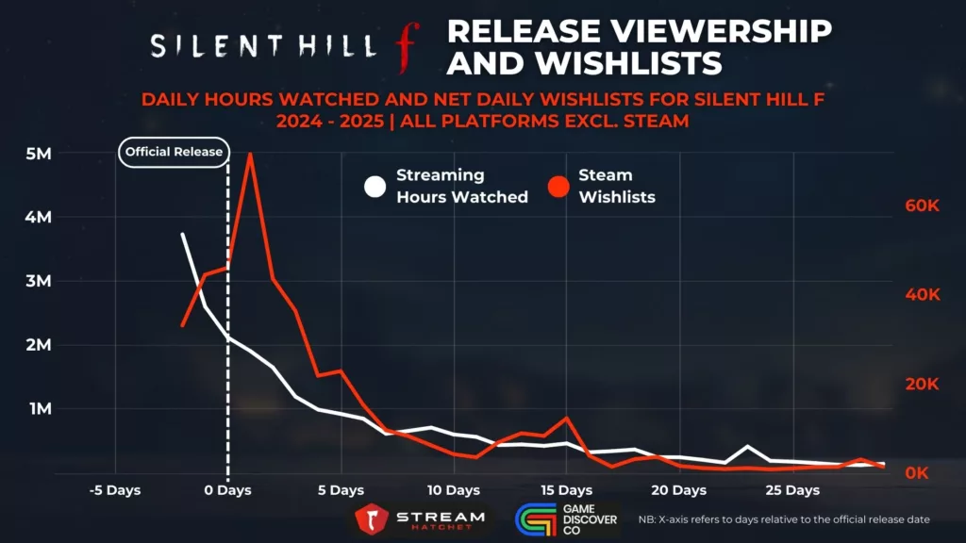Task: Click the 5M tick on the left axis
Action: coord(39,154)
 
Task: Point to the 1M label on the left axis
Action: coord(39,409)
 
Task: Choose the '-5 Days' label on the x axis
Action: coord(115,491)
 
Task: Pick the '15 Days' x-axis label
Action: coord(566,491)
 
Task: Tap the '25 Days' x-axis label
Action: coord(791,491)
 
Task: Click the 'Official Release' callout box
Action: coord(175,152)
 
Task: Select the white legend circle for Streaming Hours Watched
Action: coord(376,187)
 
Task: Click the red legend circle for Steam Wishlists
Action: coord(558,187)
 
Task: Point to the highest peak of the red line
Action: coord(250,154)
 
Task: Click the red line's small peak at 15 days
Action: coord(566,417)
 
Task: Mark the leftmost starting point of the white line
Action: coord(182,234)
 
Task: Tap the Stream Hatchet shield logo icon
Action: coord(372,519)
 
